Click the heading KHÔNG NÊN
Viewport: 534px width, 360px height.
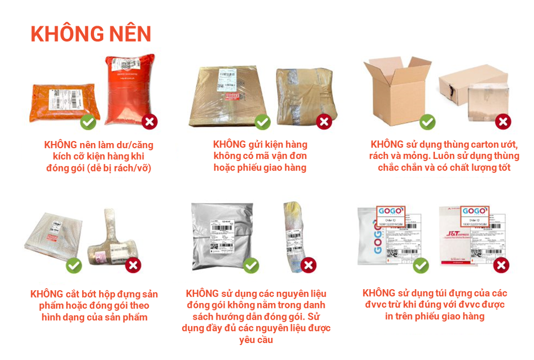click(x=91, y=34)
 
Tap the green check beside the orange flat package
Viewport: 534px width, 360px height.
click(x=88, y=122)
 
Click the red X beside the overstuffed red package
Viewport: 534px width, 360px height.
click(x=150, y=122)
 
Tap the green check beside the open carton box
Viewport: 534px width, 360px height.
click(x=427, y=122)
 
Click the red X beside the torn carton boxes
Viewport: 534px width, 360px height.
click(x=502, y=122)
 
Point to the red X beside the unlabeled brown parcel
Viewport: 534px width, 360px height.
click(x=324, y=122)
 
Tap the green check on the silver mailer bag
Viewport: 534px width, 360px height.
click(x=251, y=265)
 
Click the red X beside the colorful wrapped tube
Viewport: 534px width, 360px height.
click(x=308, y=265)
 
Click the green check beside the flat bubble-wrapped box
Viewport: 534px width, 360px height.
click(x=74, y=265)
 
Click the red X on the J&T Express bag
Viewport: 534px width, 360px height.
click(x=500, y=265)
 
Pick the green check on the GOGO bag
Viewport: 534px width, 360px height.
click(x=421, y=265)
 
